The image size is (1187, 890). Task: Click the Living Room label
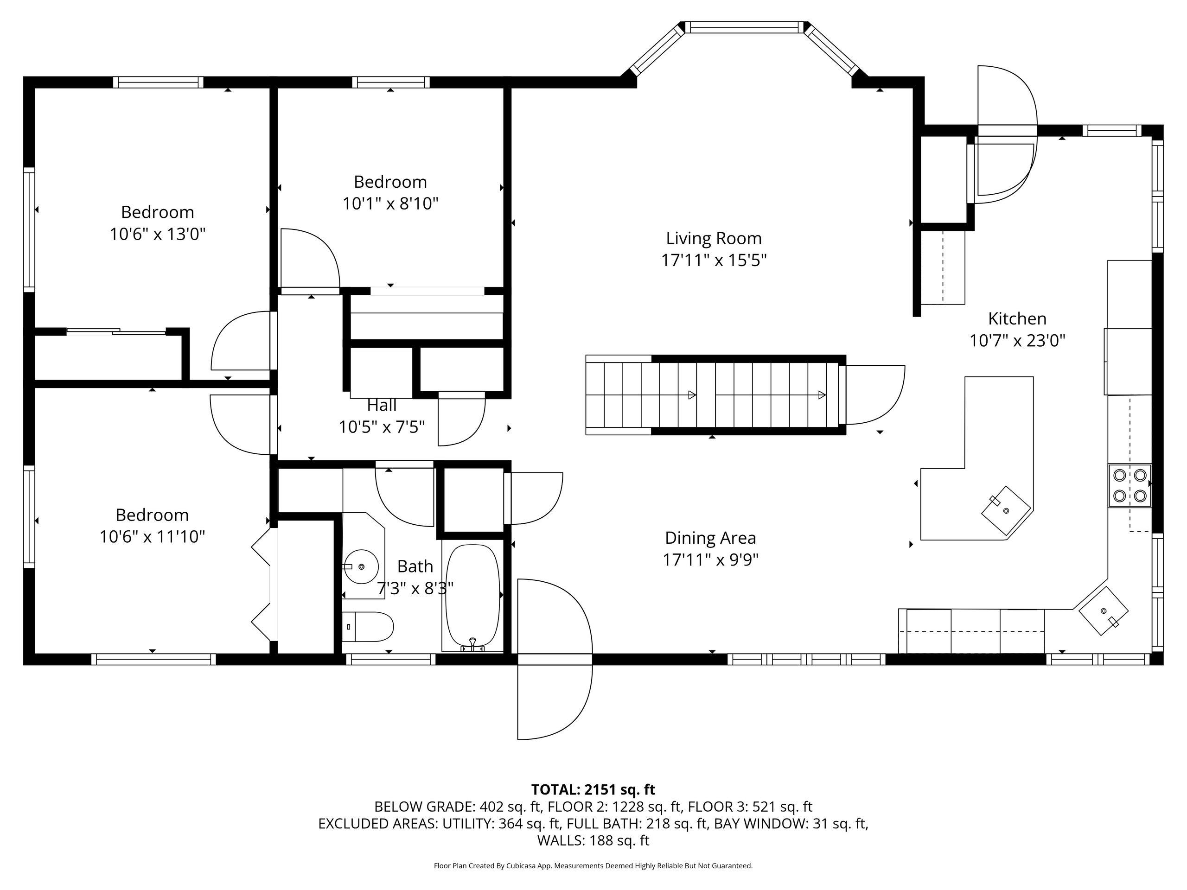(x=714, y=238)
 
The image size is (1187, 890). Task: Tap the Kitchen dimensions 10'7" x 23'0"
(x=1017, y=341)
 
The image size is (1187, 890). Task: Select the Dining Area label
(x=710, y=538)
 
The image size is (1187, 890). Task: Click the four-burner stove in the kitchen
(x=1130, y=485)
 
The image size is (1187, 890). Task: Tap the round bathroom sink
(x=361, y=566)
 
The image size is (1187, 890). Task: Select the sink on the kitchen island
(x=1006, y=510)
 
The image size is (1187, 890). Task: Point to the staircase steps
(x=714, y=395)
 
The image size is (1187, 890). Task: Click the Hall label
(x=382, y=405)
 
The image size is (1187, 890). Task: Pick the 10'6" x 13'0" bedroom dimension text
(x=158, y=235)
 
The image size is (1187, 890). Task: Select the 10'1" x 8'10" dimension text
(x=391, y=204)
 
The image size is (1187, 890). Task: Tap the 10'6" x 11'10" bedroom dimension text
(x=153, y=536)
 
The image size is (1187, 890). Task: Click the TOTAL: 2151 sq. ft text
(x=593, y=790)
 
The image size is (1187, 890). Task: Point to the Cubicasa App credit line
(x=593, y=865)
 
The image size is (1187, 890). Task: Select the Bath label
(x=415, y=566)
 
